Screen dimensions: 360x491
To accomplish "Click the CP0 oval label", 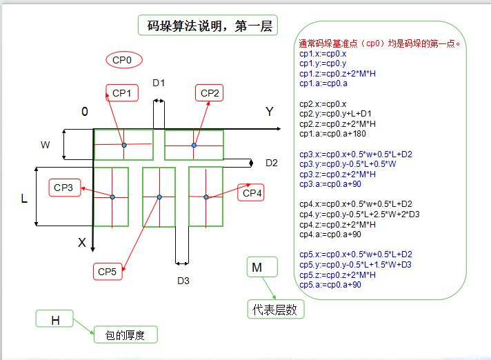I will (124, 60).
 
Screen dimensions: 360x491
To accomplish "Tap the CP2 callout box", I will (210, 92).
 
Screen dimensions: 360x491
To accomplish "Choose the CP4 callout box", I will (253, 193).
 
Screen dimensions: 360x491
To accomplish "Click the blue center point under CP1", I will (124, 146).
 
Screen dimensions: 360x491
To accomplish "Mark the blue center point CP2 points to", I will (194, 146).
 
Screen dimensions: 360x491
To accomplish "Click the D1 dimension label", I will (159, 83).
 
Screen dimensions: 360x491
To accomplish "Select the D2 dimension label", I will (272, 163).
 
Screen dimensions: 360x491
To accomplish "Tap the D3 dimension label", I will (183, 281).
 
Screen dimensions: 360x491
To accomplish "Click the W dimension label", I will (46, 145).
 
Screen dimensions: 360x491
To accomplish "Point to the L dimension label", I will (25, 199).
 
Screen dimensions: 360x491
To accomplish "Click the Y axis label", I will (270, 111).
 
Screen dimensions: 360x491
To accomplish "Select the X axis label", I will (82, 243).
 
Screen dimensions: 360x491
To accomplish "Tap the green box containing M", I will (261, 267).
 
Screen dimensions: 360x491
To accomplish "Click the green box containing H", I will (55, 319).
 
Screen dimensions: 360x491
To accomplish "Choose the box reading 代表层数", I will (276, 310).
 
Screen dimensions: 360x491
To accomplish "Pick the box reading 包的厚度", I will (126, 335).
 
